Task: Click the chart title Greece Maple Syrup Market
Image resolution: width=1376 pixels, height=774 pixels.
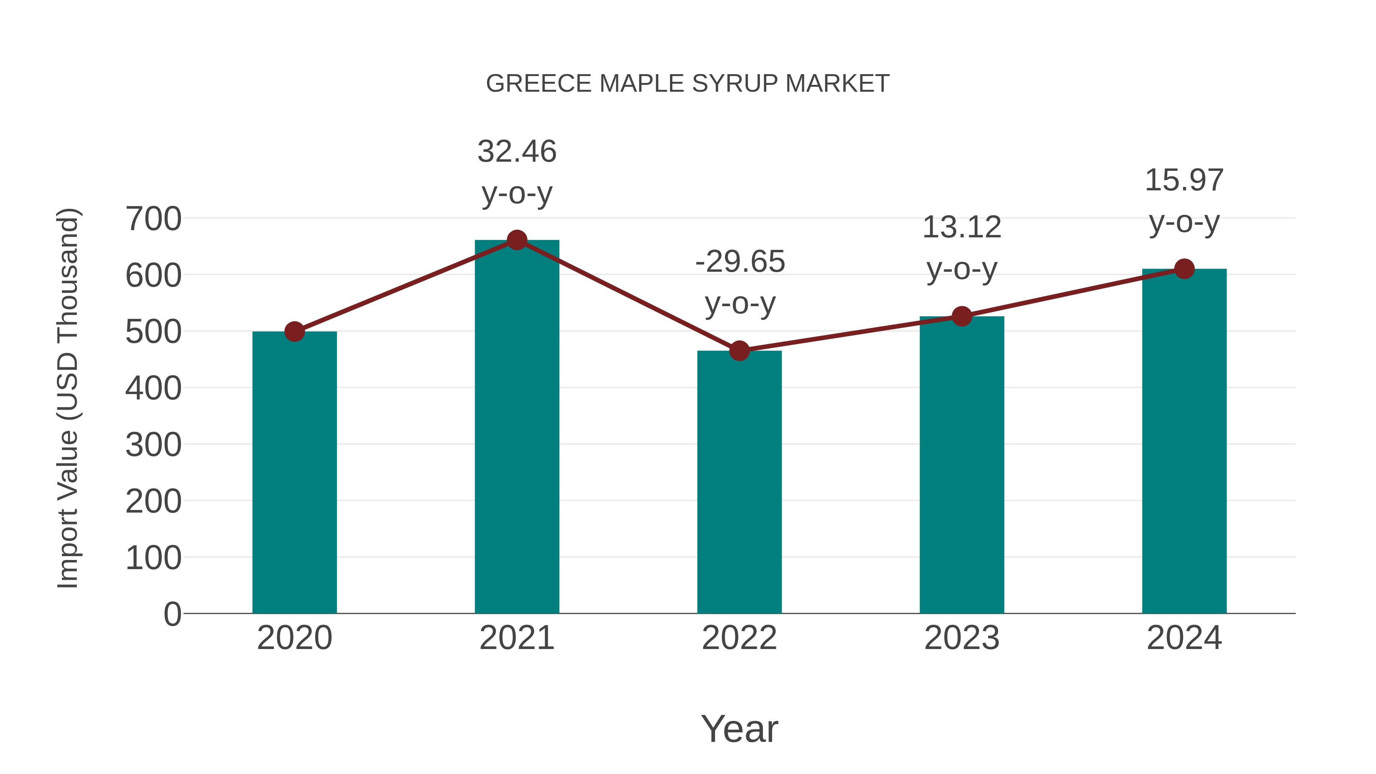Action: click(688, 84)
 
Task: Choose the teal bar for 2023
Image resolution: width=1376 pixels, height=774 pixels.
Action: click(962, 465)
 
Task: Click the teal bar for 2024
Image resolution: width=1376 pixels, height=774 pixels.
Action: click(1184, 441)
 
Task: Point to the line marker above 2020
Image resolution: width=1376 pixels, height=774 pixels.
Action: click(294, 332)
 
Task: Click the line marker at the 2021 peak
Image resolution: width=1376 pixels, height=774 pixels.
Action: click(516, 240)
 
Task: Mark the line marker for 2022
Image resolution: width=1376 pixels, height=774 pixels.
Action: click(739, 351)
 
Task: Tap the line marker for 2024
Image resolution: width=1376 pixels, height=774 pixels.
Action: click(1184, 269)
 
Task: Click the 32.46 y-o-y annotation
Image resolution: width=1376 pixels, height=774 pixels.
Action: click(516, 172)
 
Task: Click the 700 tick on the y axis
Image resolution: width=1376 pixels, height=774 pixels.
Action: click(153, 219)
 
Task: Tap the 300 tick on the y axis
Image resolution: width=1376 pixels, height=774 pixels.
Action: click(153, 445)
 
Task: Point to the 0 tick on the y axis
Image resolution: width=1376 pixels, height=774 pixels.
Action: click(172, 614)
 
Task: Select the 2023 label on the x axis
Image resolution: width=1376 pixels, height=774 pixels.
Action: click(962, 638)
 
